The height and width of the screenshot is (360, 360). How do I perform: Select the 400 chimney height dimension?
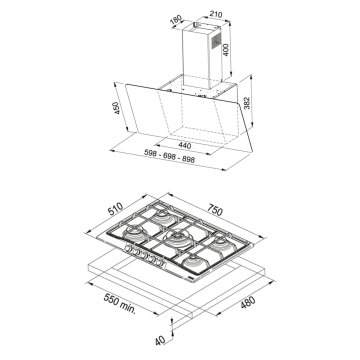click(x=226, y=49)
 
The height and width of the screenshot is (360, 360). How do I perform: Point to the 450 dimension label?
click(x=116, y=108)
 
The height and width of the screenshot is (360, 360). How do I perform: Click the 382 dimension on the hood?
click(x=248, y=103)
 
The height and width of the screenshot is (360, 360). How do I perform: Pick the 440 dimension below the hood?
click(x=185, y=145)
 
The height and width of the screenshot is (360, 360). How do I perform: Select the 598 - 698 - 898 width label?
click(x=169, y=156)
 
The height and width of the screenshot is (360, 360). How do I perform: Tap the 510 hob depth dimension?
click(x=115, y=209)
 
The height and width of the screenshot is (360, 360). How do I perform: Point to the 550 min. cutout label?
click(x=119, y=302)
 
